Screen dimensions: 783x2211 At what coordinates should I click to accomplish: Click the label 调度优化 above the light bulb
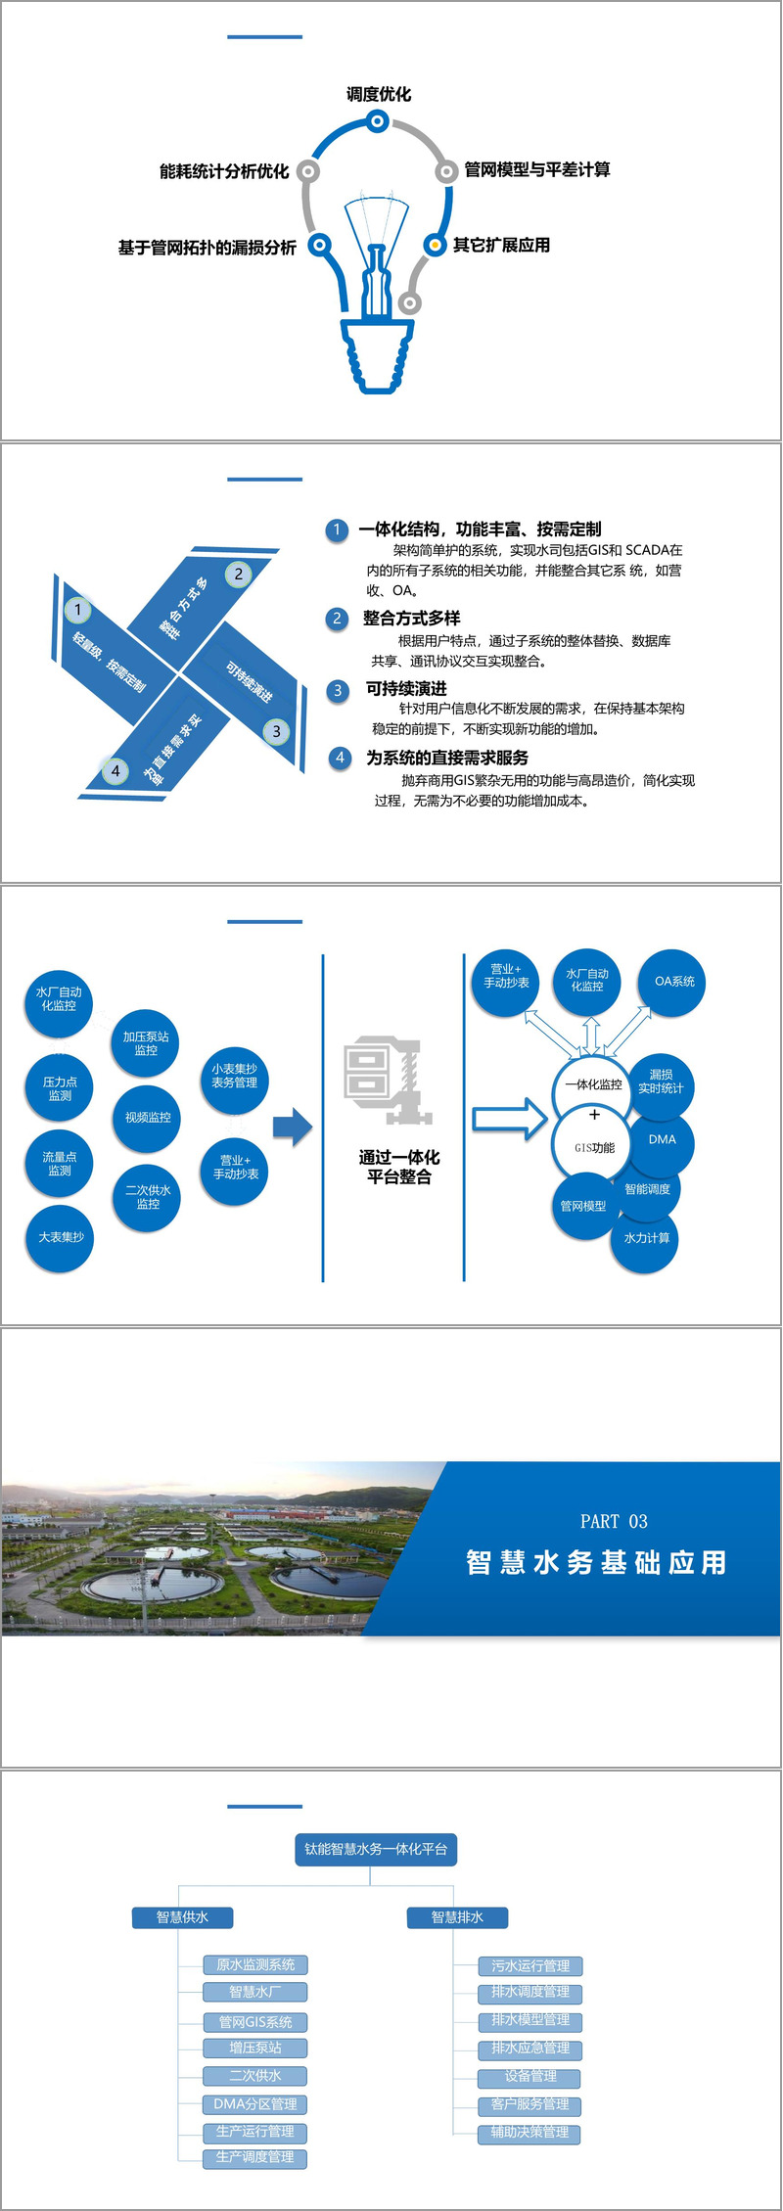coord(379,94)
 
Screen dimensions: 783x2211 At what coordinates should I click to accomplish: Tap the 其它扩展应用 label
coord(501,245)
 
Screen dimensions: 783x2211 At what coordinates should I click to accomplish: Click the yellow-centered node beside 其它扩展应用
coord(435,245)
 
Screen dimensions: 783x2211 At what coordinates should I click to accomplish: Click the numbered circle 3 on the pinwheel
coord(276,731)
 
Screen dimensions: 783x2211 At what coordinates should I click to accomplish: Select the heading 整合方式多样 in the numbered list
coord(411,619)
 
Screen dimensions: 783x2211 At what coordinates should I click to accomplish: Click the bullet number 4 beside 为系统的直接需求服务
coord(340,758)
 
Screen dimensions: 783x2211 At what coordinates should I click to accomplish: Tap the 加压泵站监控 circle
coord(146,1043)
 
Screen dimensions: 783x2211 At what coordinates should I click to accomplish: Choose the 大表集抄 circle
coord(61,1238)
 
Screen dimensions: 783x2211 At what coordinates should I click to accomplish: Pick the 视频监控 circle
coord(148,1118)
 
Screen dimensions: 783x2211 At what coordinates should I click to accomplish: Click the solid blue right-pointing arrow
coord(292,1128)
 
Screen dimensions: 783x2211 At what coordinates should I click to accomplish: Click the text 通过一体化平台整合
coord(399,1167)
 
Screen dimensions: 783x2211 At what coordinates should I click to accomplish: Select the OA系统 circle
coord(674,982)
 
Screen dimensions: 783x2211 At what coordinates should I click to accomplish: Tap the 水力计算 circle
coord(647,1238)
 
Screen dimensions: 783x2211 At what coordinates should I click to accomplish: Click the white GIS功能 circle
coord(594,1148)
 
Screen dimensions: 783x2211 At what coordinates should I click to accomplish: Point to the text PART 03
coord(614,1521)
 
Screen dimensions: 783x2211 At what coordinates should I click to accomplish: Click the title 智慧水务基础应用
coord(597,1562)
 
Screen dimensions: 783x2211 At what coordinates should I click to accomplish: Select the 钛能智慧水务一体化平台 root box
coord(376,1849)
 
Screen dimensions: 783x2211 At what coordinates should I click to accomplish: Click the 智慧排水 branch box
coord(457,1916)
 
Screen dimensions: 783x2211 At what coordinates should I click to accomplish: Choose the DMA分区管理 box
coord(255,2103)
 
